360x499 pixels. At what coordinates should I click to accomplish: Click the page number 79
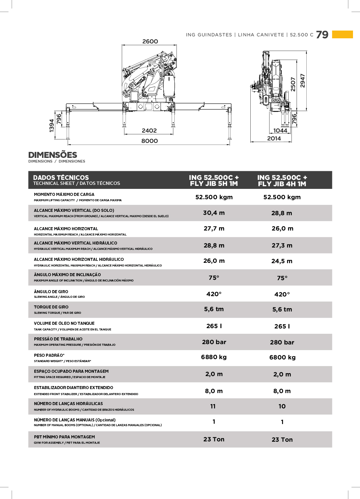coord(322,35)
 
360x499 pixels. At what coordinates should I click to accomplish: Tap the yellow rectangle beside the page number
coord(342,34)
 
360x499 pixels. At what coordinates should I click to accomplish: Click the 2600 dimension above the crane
coord(150,42)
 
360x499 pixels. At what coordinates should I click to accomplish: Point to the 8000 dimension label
coord(149,141)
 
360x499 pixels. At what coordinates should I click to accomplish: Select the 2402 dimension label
coord(149,131)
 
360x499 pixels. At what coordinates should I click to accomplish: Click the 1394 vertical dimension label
coord(52,126)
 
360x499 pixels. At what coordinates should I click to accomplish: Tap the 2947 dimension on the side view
coord(303,81)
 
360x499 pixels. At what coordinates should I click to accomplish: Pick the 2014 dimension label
coord(274,139)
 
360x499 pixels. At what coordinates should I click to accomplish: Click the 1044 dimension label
coord(280,131)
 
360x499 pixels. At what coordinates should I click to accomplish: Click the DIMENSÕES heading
coord(53,155)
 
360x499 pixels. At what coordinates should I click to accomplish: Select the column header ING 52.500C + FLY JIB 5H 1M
coord(214,181)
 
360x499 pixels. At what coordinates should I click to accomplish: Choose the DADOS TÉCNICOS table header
coord(61,178)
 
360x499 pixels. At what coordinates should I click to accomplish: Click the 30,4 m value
coord(214,213)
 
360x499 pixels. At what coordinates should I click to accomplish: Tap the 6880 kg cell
coord(214,357)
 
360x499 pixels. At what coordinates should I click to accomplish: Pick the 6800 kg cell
coord(282,357)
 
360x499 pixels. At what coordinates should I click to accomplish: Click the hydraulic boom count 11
coord(213,406)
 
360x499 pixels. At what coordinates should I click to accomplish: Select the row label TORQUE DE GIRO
coord(51,307)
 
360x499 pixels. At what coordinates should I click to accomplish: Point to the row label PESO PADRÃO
coord(49,355)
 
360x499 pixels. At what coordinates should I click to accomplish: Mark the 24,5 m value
coord(282,261)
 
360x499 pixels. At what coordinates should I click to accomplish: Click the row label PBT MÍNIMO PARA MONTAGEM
coord(64,437)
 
